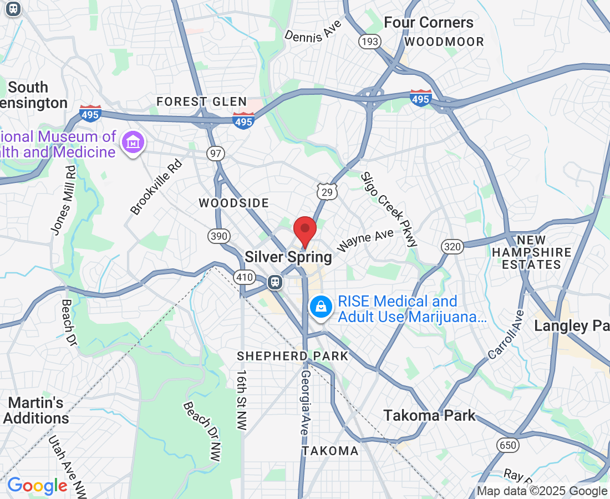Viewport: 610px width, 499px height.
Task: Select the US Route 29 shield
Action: click(x=326, y=192)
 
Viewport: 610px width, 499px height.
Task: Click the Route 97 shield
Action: click(x=215, y=153)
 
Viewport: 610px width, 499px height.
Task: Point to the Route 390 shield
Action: click(x=218, y=236)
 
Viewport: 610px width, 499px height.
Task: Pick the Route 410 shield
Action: click(x=245, y=277)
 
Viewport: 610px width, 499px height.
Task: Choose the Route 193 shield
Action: click(x=369, y=42)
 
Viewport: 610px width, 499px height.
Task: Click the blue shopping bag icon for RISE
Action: click(x=321, y=305)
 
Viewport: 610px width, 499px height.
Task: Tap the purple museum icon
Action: click(x=134, y=143)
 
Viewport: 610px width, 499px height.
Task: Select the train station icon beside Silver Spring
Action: click(x=274, y=282)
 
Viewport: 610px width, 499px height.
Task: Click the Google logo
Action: click(x=37, y=486)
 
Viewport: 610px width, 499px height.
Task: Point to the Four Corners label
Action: click(x=429, y=23)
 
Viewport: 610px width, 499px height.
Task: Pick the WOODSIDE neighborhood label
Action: click(x=234, y=203)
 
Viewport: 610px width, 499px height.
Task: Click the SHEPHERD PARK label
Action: click(x=292, y=356)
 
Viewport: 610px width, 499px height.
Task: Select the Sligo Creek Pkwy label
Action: click(x=389, y=209)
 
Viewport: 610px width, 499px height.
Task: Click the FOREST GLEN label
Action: click(x=201, y=101)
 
